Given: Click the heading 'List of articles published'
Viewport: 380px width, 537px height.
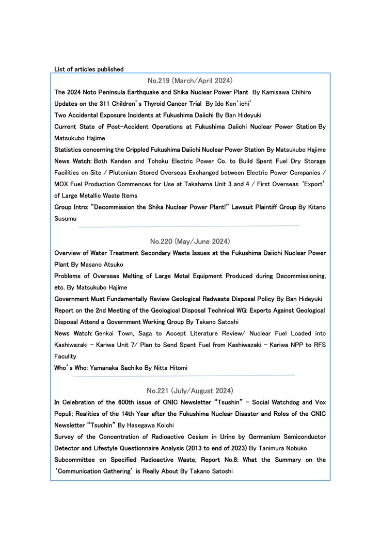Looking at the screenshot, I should pyautogui.click(x=89, y=69).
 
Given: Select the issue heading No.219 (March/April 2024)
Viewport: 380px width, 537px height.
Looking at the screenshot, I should pyautogui.click(x=190, y=80).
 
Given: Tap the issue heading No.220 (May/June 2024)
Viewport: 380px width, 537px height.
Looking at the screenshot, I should pyautogui.click(x=190, y=241).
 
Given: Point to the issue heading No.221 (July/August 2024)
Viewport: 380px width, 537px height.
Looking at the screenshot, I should pyautogui.click(x=190, y=390).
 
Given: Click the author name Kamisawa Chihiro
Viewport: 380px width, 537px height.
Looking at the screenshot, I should pyautogui.click(x=287, y=92).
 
